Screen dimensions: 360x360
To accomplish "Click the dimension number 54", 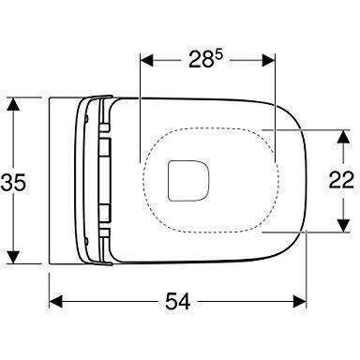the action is [177, 301].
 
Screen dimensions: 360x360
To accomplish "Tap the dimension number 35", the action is [13, 183].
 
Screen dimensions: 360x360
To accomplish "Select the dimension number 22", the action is [341, 180].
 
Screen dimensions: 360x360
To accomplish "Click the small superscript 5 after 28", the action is [218, 54].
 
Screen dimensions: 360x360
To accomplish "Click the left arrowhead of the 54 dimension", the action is [56, 302].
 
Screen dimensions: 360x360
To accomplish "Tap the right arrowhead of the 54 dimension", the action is [300, 302].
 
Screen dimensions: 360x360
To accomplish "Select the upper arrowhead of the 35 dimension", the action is [13, 104].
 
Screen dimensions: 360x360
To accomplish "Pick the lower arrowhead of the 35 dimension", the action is [13, 257].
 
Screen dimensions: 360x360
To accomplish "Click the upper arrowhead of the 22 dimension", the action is [343, 136].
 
